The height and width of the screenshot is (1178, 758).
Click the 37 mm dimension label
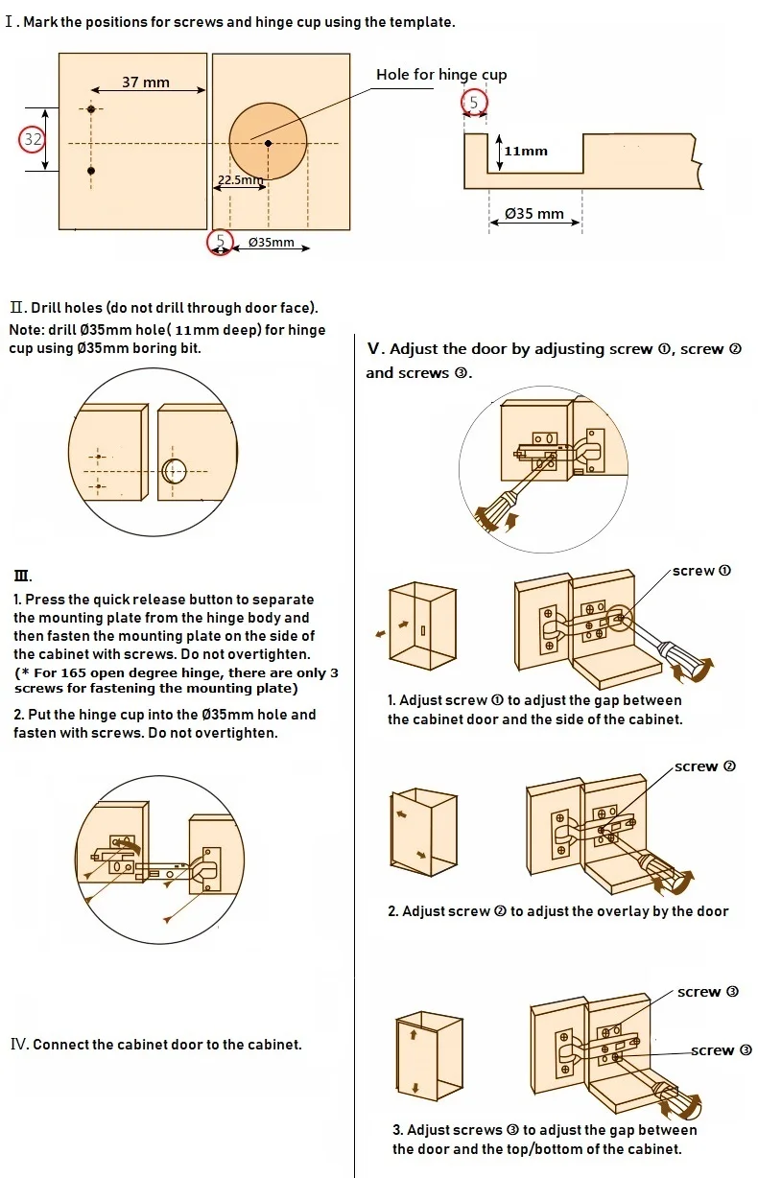click(146, 82)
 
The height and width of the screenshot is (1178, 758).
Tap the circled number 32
click(33, 139)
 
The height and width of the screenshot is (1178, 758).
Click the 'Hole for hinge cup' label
click(441, 75)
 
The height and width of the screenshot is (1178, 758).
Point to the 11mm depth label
click(526, 151)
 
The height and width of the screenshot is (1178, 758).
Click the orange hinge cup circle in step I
click(268, 143)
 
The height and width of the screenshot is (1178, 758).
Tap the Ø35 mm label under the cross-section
click(534, 213)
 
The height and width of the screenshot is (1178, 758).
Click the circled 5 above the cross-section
click(473, 103)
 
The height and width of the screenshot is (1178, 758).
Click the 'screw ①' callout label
click(701, 571)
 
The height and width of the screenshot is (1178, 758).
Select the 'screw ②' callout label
click(705, 766)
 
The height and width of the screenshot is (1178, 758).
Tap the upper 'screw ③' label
click(708, 992)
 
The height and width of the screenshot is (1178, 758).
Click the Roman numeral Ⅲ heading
click(22, 577)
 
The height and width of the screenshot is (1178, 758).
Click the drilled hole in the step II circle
click(175, 471)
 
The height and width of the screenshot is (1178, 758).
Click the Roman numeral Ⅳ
click(19, 1044)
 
